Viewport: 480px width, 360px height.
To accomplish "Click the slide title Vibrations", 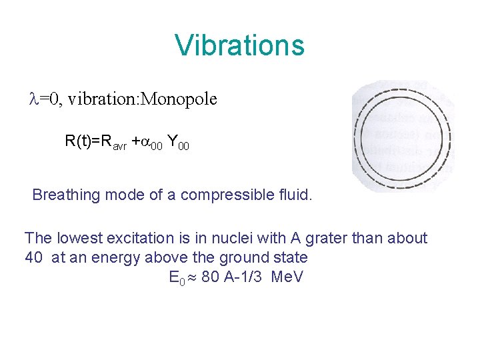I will coord(239,45).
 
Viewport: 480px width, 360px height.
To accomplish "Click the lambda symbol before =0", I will coord(35,99).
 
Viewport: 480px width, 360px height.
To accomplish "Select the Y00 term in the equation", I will coord(178,142).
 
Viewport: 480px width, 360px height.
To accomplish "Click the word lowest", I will coord(75,238).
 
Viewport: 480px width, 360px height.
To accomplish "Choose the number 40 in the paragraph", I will coord(34,257).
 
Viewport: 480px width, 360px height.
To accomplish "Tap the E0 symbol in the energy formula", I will coord(177,277).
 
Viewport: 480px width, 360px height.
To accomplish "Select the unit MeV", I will coord(287,277).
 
